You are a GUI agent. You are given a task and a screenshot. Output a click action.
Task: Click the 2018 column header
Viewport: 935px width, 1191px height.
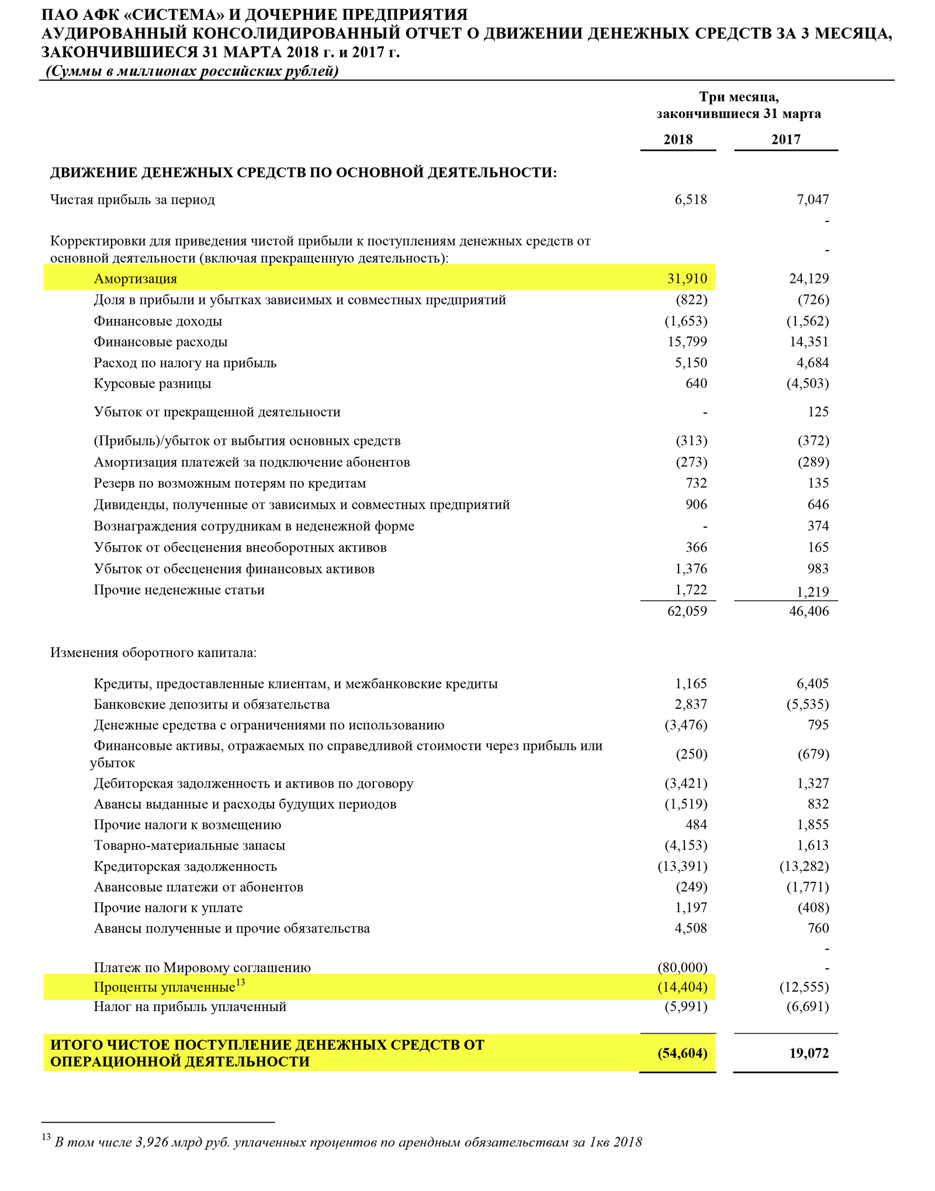[x=678, y=140]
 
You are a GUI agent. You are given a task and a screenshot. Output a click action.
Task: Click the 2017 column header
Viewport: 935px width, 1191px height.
[x=785, y=140]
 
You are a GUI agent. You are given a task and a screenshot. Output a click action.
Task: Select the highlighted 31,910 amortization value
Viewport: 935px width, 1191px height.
[x=687, y=279]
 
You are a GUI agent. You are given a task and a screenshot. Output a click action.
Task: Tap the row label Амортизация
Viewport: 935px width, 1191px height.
[x=135, y=279]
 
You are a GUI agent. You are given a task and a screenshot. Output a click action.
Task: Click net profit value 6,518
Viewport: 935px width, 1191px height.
[x=691, y=200]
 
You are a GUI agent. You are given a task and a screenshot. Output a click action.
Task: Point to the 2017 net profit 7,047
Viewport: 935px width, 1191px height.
[x=812, y=200]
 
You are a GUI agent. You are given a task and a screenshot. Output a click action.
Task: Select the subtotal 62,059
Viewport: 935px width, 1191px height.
[x=687, y=611]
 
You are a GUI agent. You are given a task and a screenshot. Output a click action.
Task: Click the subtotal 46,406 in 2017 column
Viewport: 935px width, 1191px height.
[x=809, y=611]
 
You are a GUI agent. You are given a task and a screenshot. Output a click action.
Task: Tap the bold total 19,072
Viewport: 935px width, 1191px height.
[x=809, y=1053]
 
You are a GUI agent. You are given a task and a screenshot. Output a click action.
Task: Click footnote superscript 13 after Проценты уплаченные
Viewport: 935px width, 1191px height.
[x=240, y=982]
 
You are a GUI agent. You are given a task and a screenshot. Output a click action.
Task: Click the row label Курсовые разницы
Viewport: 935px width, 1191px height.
[x=153, y=384]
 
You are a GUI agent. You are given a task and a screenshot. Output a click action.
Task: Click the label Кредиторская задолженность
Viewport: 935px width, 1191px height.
[x=185, y=866]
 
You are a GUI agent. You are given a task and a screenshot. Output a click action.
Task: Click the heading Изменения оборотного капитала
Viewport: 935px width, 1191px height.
[x=153, y=653]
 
